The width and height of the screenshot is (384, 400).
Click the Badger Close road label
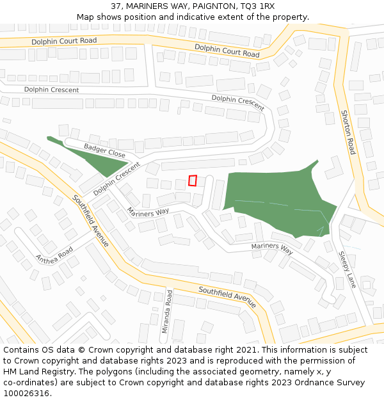[x=104, y=151]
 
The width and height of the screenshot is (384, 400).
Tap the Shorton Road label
[x=347, y=132]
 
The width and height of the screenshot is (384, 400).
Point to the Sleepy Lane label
[x=346, y=269]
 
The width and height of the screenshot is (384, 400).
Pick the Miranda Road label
[x=168, y=312]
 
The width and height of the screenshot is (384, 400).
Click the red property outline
[x=192, y=181]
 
